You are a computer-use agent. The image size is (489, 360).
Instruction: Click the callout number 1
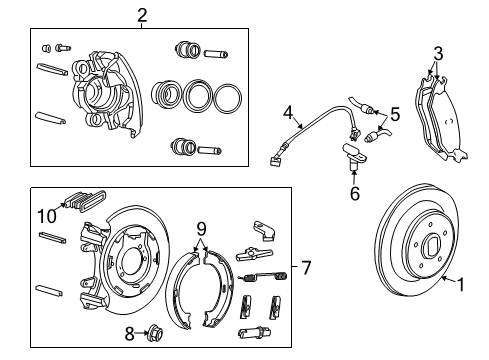click(461, 283)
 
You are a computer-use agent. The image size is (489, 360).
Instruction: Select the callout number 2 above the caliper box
click(141, 14)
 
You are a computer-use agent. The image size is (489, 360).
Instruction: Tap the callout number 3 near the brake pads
click(437, 52)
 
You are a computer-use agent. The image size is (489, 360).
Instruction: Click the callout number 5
click(394, 115)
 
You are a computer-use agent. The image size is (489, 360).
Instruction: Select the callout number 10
click(45, 214)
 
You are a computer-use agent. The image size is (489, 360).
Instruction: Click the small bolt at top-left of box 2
click(63, 46)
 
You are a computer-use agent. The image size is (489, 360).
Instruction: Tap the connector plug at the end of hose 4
click(277, 156)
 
